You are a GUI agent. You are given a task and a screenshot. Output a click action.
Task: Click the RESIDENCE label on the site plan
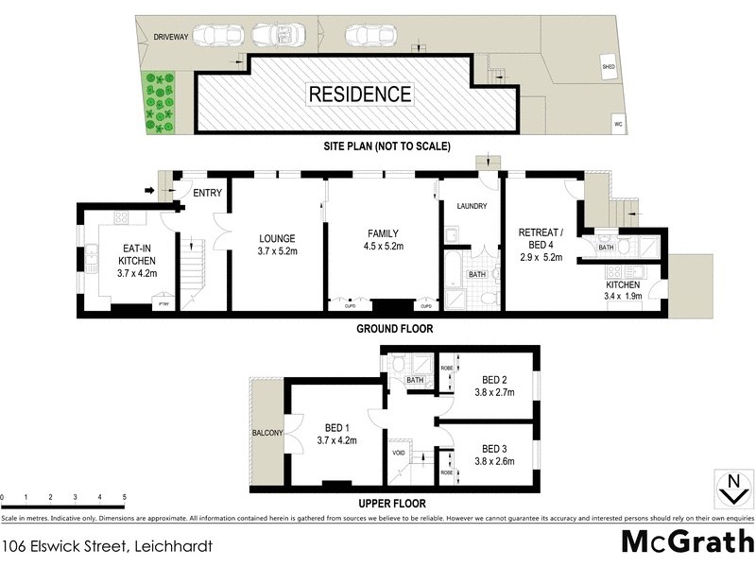[x=358, y=94]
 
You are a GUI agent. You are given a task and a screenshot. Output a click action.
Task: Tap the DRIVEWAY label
[x=172, y=37]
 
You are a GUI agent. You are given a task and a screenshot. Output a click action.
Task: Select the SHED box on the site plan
[x=609, y=66]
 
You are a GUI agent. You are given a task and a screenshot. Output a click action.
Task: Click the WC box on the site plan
[x=619, y=124]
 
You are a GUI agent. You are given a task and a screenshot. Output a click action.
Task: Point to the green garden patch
[x=159, y=103]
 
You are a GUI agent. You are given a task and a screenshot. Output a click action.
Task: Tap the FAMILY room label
[x=383, y=234]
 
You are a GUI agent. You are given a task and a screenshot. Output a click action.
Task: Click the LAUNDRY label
[x=471, y=206]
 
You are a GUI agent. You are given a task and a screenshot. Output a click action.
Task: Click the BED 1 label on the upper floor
[x=336, y=426]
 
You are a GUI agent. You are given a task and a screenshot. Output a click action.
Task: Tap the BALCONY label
[x=267, y=433]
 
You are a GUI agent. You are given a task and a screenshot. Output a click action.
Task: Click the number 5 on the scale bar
[x=125, y=497]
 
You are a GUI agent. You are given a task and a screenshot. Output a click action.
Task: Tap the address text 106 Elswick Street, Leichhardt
[x=106, y=546]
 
